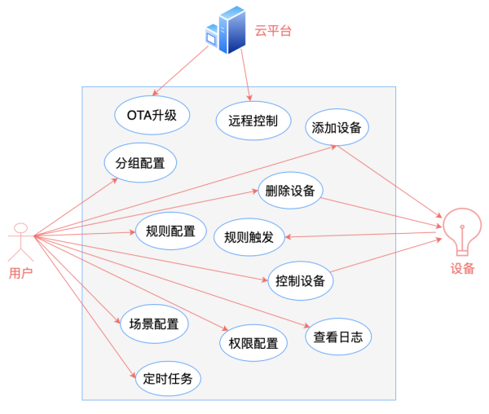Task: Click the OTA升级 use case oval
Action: [152, 116]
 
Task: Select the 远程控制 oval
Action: [253, 121]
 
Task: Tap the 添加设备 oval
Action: [337, 127]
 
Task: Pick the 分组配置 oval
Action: [140, 162]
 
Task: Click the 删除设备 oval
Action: [290, 190]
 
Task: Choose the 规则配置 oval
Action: [170, 231]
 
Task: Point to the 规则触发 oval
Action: [249, 237]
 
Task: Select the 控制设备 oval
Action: [300, 280]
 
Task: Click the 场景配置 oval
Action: [154, 324]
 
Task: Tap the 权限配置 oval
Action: [253, 343]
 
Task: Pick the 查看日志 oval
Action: [338, 337]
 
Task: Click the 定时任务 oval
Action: [168, 378]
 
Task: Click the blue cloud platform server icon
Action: [226, 30]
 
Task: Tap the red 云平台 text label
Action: [273, 30]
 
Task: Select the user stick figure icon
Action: [21, 242]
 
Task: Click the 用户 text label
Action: [21, 273]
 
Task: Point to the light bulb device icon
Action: [462, 231]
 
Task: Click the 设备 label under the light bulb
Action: [462, 268]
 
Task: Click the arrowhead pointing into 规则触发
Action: [289, 237]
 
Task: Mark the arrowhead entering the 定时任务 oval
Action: [133, 375]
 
